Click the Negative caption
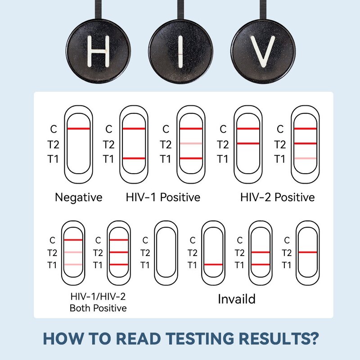(x=79, y=197)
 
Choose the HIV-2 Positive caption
(x=278, y=197)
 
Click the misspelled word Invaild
(x=237, y=298)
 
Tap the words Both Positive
(x=98, y=308)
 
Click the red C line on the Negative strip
(x=79, y=129)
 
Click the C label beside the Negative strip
(x=54, y=130)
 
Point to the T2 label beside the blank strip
(x=145, y=252)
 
